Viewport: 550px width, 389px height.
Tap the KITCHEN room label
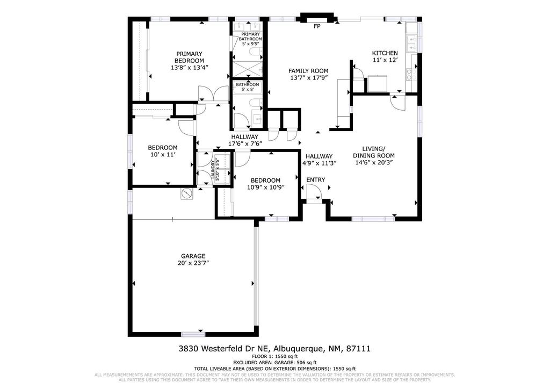385,53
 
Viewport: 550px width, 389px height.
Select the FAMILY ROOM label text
308,71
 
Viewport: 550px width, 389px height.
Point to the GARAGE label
193,256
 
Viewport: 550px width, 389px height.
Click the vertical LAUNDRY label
213,169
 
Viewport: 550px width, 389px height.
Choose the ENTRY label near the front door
315,179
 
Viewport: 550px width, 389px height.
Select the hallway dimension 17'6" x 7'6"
245,143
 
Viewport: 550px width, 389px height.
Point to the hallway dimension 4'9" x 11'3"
320,163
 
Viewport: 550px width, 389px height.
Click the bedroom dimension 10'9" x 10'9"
265,188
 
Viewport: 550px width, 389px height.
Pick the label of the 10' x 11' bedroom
162,148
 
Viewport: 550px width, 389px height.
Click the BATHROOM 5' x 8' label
247,85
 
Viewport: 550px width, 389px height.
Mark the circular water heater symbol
186,193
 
